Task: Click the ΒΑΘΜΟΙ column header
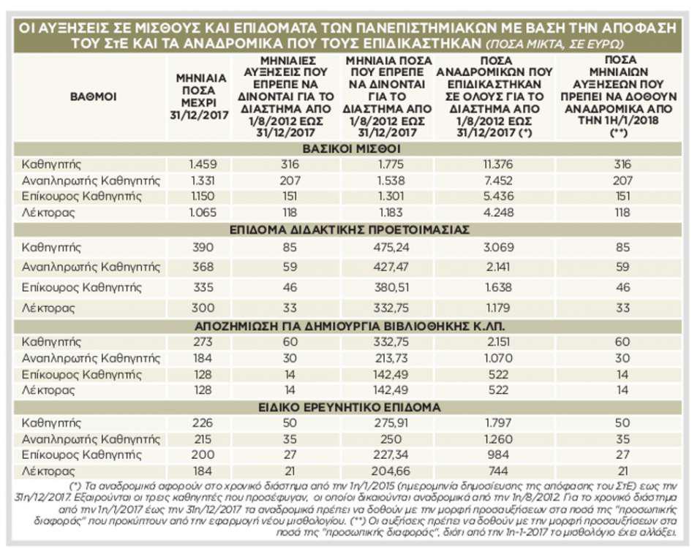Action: (93, 96)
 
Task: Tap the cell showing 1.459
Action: (203, 164)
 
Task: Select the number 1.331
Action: (203, 180)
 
